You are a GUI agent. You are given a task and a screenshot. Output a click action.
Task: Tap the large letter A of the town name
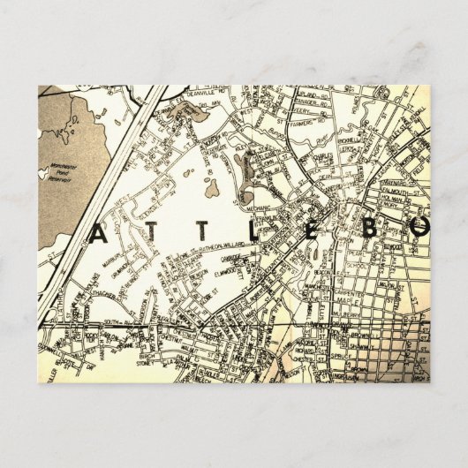pyautogui.click(x=97, y=232)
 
